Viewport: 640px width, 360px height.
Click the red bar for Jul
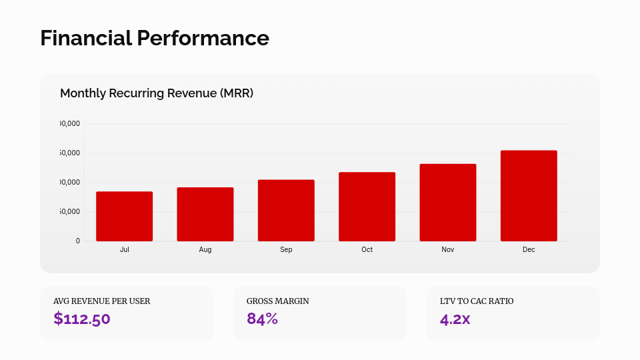[124, 216]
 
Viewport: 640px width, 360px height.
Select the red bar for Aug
[205, 214]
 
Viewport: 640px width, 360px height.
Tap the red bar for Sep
[286, 210]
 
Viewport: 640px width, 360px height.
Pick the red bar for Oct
[367, 207]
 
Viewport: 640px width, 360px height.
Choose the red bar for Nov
[448, 202]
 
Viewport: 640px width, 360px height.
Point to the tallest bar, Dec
[529, 195]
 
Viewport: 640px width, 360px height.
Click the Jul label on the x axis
[124, 249]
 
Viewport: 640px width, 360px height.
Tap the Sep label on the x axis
[286, 249]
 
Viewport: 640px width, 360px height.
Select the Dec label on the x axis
[529, 249]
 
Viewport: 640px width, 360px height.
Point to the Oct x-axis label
[367, 249]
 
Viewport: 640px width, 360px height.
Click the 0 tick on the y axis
[77, 241]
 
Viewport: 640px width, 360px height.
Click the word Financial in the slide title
[85, 38]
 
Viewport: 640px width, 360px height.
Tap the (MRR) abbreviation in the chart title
[236, 93]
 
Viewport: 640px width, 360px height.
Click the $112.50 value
[82, 319]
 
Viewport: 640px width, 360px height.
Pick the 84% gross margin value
[262, 319]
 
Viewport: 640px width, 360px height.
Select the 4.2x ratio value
[455, 319]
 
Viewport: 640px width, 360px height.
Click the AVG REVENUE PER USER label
[101, 301]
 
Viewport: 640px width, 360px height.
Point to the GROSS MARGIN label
[277, 301]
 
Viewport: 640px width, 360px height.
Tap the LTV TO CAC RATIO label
[477, 301]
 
